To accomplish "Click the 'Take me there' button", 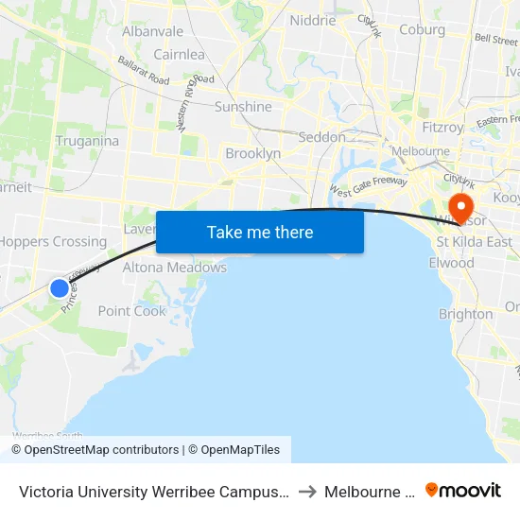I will [259, 233].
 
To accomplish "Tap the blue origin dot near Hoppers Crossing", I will [60, 288].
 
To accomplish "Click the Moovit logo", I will [463, 491].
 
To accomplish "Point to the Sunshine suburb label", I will [243, 107].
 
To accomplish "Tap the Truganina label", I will [87, 141].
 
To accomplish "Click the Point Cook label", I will [131, 311].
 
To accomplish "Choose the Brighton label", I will [465, 314].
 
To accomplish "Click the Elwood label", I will [451, 263].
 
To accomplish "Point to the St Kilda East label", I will [474, 242].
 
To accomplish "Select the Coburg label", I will [422, 30].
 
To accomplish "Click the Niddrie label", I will [313, 21].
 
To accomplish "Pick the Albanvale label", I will [152, 31].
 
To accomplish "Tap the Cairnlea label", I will [179, 55].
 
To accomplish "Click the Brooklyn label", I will [252, 153].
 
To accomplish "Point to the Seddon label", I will [321, 137].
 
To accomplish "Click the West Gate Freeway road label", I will [368, 182].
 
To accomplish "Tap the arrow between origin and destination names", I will [307, 491].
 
